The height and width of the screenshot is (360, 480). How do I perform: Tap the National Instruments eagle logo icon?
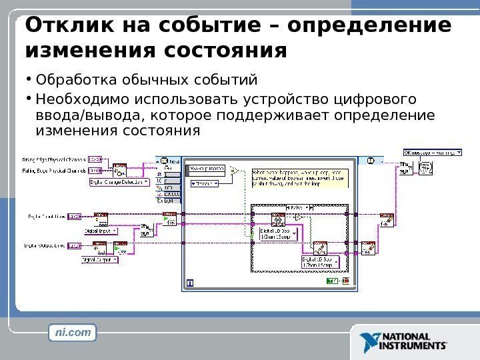[x=366, y=341]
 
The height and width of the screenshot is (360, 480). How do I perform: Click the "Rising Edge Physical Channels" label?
[x=53, y=160]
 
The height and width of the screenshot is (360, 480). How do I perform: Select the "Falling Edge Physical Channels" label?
[x=53, y=171]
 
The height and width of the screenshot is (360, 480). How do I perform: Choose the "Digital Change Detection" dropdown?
[x=121, y=181]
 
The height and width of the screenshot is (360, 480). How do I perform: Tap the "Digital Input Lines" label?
[x=45, y=216]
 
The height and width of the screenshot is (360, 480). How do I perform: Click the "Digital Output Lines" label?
[x=45, y=245]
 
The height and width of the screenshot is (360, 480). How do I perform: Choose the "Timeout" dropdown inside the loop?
[x=207, y=181]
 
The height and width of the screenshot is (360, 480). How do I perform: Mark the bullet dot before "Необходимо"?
[x=29, y=97]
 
